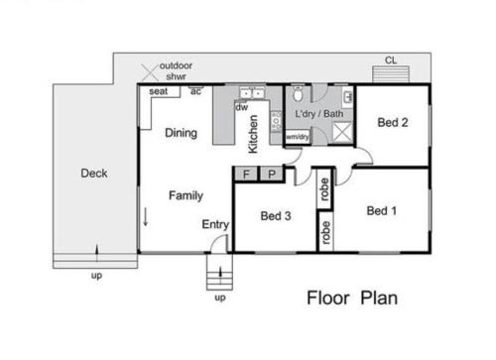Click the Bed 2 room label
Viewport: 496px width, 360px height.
click(x=393, y=123)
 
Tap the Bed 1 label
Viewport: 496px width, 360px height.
click(x=382, y=211)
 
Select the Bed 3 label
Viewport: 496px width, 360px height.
click(x=276, y=216)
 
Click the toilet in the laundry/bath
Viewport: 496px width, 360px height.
click(x=298, y=94)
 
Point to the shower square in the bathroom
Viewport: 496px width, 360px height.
click(x=342, y=132)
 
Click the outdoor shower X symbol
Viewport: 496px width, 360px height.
click(x=150, y=72)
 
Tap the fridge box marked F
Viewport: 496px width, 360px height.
click(x=246, y=174)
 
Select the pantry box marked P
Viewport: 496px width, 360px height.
click(x=272, y=174)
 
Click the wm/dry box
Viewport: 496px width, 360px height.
click(x=298, y=137)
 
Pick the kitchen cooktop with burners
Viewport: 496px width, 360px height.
click(x=276, y=121)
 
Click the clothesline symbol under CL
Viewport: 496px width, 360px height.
click(x=391, y=74)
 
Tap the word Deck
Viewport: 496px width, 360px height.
click(x=94, y=174)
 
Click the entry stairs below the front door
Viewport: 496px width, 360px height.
click(x=219, y=272)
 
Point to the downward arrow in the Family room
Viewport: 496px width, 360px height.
click(x=145, y=217)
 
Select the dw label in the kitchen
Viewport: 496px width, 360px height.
click(x=242, y=107)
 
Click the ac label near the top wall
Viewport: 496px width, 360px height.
click(x=195, y=91)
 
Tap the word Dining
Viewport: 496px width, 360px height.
click(x=181, y=133)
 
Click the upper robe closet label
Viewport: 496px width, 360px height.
click(x=324, y=189)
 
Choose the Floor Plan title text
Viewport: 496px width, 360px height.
click(x=352, y=298)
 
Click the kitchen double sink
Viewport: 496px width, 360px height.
click(x=252, y=93)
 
